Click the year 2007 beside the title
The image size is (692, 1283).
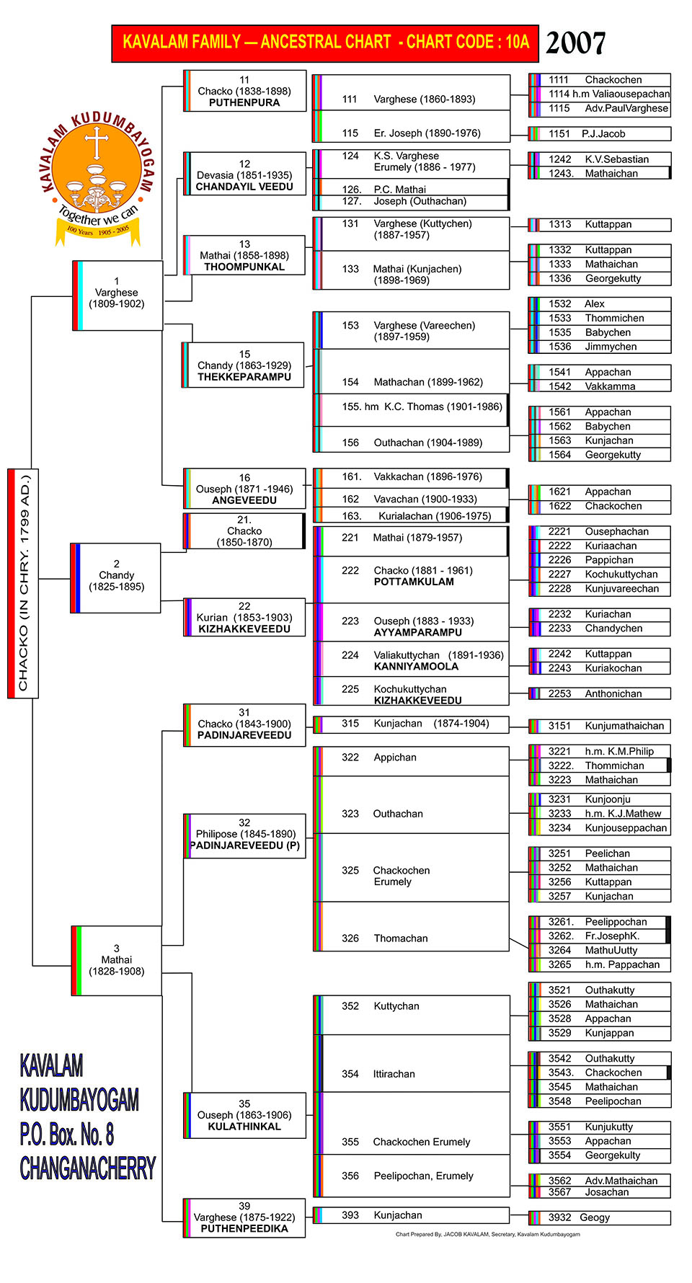coord(575,43)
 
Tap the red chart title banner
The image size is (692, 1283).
coord(325,43)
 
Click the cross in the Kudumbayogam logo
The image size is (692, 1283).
coord(96,142)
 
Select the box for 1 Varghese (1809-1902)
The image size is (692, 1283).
coord(117,294)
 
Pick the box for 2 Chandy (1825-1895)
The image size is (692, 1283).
coord(116,577)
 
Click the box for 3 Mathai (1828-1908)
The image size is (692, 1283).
coord(117,960)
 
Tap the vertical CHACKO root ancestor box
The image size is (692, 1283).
coord(23,582)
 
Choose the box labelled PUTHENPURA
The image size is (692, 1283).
coord(245,92)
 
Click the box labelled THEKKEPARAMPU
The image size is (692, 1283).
coord(244,365)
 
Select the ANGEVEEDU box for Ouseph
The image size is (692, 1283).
coord(244,489)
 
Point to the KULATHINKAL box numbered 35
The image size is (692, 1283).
coord(244,1115)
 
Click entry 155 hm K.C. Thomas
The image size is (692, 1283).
coord(422,407)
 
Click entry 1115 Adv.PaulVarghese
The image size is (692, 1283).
coord(608,109)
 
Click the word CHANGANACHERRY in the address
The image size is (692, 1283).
coord(88,1168)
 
